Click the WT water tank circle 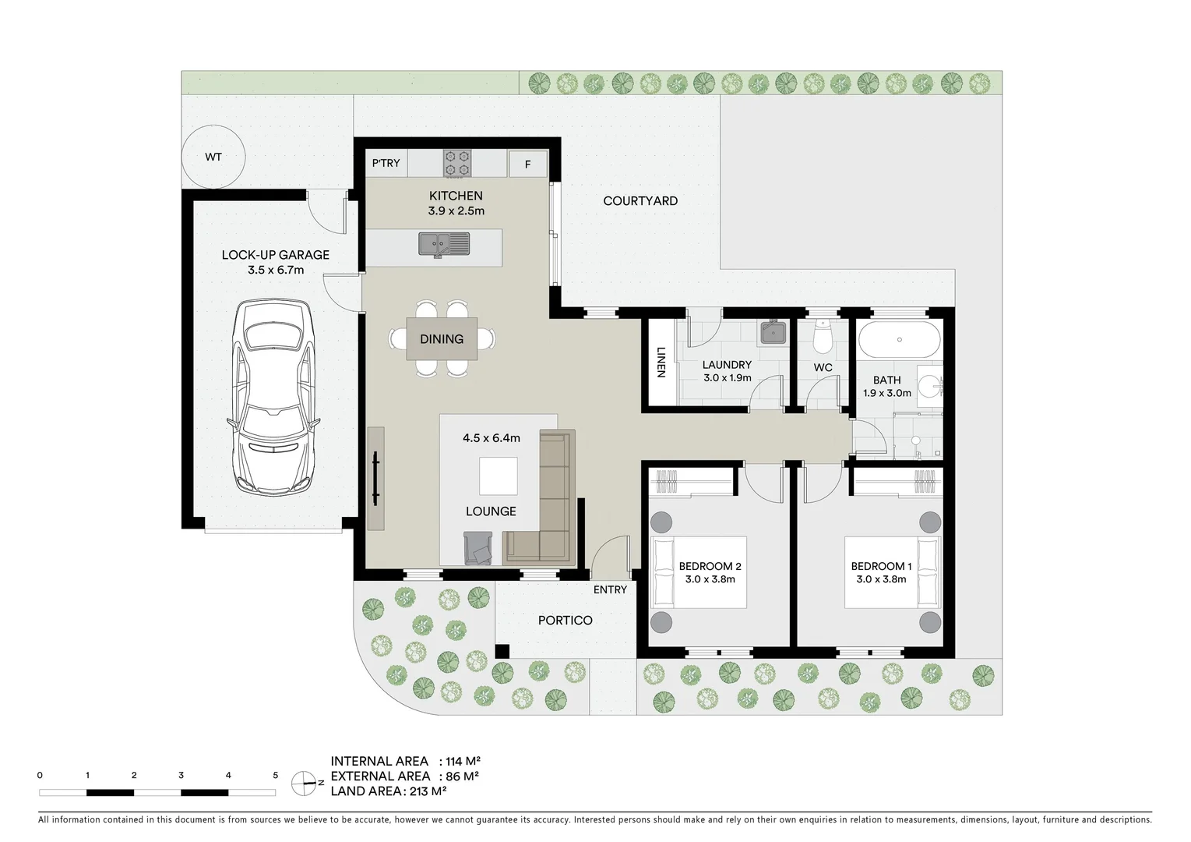213,157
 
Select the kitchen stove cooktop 457,164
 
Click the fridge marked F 527,165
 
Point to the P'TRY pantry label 386,163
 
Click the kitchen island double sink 444,244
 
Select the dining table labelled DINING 442,339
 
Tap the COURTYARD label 640,201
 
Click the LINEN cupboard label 661,362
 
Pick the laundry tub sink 773,333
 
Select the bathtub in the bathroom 899,340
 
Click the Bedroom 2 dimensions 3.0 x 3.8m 710,579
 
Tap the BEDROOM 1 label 881,566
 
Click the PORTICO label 565,621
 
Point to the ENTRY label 610,590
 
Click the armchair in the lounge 478,548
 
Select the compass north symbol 304,783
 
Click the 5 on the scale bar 275,775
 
